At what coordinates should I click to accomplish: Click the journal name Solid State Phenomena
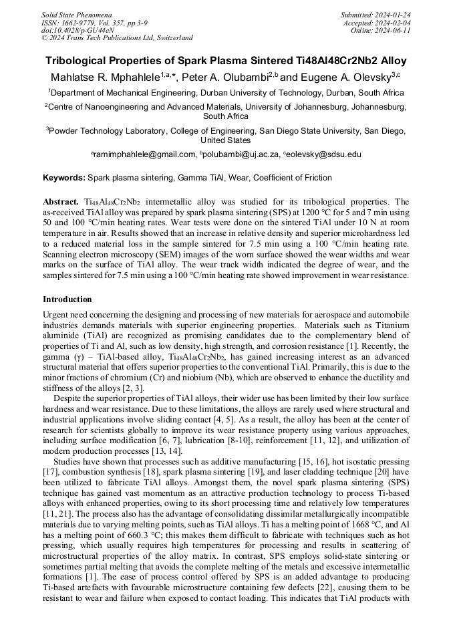(76, 14)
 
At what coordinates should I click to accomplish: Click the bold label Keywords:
(64, 178)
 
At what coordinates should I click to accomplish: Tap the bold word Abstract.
(61, 202)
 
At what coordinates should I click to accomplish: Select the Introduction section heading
(67, 299)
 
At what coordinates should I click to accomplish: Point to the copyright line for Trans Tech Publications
(117, 38)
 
